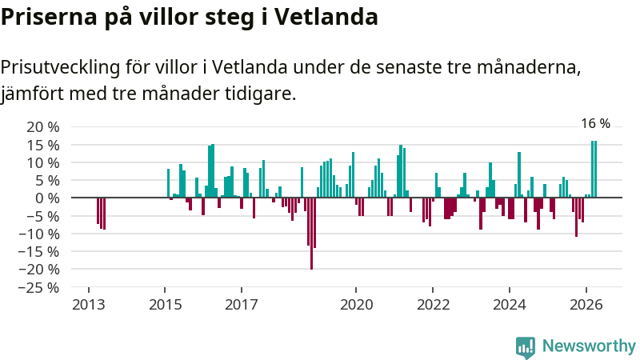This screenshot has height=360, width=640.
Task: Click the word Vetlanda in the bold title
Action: coord(326,17)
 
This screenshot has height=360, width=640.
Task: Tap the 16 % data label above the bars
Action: coord(595,123)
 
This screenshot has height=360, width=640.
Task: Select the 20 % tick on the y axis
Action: coord(43,127)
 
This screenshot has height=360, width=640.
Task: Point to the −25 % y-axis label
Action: coord(38,288)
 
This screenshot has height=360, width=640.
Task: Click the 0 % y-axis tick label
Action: coord(47,198)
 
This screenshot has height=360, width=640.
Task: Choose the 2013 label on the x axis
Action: coord(89,305)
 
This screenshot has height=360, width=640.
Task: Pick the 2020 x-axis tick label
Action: coord(356,305)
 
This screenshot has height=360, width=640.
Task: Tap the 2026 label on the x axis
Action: coord(586,305)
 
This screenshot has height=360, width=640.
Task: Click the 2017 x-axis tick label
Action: coord(242,305)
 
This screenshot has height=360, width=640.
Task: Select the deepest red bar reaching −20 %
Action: coord(311,234)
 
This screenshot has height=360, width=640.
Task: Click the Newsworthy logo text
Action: coord(589,346)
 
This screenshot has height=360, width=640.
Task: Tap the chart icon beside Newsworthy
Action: coord(526,347)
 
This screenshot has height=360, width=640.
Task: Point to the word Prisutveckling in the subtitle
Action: coord(60,67)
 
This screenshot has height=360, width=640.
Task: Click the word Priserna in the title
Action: coord(49,18)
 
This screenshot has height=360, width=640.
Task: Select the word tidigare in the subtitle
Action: coord(261,94)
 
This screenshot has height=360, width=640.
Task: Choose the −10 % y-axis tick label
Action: coord(38,234)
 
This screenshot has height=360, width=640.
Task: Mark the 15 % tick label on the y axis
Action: coord(43,146)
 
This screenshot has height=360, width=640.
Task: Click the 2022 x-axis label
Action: coord(433,305)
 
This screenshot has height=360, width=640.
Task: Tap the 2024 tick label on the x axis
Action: coord(510,305)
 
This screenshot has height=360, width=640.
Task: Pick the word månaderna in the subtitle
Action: coord(529,67)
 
